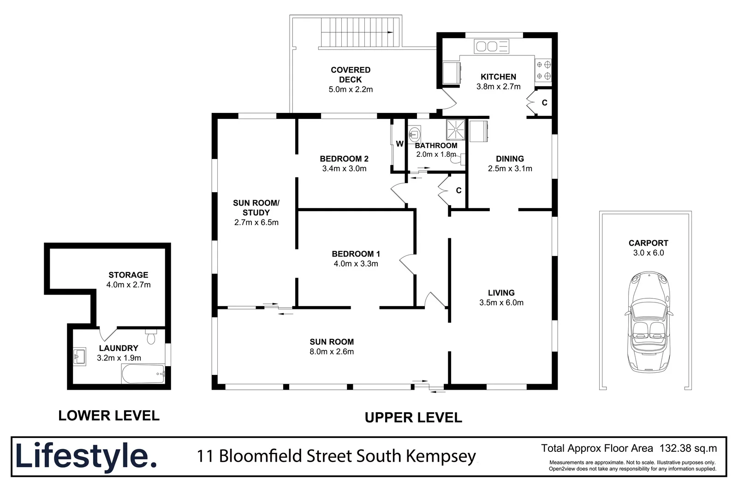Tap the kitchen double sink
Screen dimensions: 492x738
click(492, 46)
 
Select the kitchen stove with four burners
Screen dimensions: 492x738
click(543, 71)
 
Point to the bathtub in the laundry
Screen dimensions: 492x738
click(143, 373)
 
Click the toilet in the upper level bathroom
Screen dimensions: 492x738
click(457, 160)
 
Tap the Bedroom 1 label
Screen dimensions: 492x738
click(356, 254)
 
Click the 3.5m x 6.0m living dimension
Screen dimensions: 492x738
click(501, 302)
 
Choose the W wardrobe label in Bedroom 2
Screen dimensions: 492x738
click(399, 144)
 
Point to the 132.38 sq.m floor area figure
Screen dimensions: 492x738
click(688, 448)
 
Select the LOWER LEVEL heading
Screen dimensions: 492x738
click(109, 415)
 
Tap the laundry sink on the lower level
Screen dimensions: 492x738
click(79, 356)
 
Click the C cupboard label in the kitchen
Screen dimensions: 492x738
click(544, 103)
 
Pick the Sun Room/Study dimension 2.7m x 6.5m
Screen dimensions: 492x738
click(256, 222)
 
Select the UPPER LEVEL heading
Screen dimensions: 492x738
click(413, 417)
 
